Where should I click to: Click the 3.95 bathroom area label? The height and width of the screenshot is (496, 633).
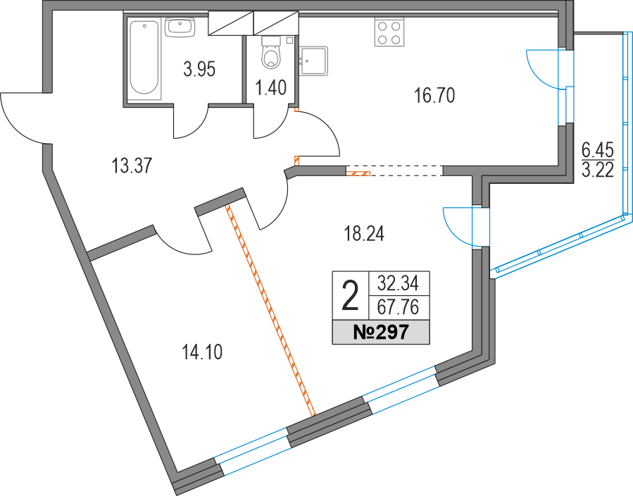[199, 69]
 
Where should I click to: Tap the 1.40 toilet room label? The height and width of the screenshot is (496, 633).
[270, 88]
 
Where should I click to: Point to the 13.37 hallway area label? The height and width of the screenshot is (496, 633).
[132, 166]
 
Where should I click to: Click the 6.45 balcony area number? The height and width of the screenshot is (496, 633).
[597, 149]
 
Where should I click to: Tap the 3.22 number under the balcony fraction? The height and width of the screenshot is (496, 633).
[597, 169]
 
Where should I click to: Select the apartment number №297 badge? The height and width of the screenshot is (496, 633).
[380, 332]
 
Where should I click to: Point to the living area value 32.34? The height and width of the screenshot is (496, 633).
[398, 284]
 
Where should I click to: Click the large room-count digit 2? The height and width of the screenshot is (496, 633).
[349, 295]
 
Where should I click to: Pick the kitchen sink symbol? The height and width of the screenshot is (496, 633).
[313, 60]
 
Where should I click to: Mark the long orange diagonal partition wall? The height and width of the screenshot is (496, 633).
[270, 310]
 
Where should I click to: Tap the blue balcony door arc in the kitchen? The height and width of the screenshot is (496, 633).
[544, 68]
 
